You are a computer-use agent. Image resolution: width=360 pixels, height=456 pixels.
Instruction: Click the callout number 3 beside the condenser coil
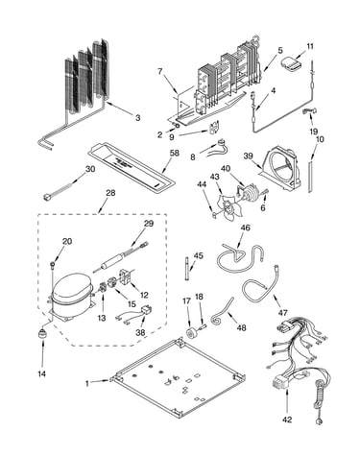137,118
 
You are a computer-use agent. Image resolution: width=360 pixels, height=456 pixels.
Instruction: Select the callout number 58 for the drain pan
175,153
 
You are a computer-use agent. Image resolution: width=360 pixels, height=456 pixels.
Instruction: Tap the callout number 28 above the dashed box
110,193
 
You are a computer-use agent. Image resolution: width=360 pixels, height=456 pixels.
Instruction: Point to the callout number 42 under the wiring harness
287,420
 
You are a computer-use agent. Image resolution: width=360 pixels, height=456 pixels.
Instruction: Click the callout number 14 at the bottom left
42,373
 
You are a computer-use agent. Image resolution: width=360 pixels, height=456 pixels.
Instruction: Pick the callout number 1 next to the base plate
87,383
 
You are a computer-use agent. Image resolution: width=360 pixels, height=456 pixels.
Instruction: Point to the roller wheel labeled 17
193,331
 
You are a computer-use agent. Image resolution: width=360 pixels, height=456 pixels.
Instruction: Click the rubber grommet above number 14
42,334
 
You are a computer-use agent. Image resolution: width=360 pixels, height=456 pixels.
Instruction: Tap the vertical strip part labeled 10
310,177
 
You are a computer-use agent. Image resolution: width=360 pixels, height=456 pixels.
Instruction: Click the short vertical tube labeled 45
186,268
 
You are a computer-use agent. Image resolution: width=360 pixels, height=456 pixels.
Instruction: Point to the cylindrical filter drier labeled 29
112,261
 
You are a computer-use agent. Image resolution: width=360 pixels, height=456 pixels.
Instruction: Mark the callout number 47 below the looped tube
282,312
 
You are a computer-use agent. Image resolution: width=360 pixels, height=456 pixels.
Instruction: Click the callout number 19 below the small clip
314,132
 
